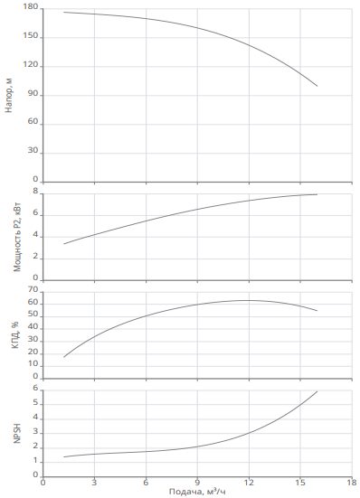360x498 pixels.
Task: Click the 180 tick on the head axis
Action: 31,7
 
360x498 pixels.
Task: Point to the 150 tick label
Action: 31,36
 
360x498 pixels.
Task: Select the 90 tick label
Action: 33,94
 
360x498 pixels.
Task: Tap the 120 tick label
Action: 31,65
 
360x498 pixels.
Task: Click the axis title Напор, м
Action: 9,95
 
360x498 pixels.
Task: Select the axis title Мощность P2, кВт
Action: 17,236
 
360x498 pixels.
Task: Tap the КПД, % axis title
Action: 15,334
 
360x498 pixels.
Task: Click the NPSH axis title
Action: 17,433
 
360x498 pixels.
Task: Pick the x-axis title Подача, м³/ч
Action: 197,492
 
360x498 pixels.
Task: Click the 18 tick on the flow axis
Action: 352,482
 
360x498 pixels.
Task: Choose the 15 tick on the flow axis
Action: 300,482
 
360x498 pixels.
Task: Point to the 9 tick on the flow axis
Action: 197,482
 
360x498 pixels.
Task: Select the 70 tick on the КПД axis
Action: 33,290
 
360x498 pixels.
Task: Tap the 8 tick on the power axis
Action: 35,192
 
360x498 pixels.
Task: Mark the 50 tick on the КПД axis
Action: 33,315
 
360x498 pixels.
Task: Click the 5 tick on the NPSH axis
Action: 35,403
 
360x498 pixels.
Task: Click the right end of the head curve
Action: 317,86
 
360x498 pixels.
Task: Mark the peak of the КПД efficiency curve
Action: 248,300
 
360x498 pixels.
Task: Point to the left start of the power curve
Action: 64,244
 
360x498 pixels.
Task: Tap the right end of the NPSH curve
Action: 317,391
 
